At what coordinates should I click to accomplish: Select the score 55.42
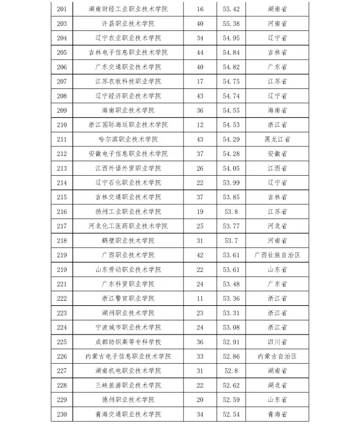(231, 9)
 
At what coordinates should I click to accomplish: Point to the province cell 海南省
(277, 110)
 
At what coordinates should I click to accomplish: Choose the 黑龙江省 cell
(277, 139)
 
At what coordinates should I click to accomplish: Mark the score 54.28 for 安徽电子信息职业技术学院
(231, 154)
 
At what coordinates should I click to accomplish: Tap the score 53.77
(231, 226)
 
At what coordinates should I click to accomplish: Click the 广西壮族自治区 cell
(277, 255)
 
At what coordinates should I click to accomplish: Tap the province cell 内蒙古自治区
(277, 356)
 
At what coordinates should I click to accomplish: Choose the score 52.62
(231, 385)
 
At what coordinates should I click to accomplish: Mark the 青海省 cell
(277, 414)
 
